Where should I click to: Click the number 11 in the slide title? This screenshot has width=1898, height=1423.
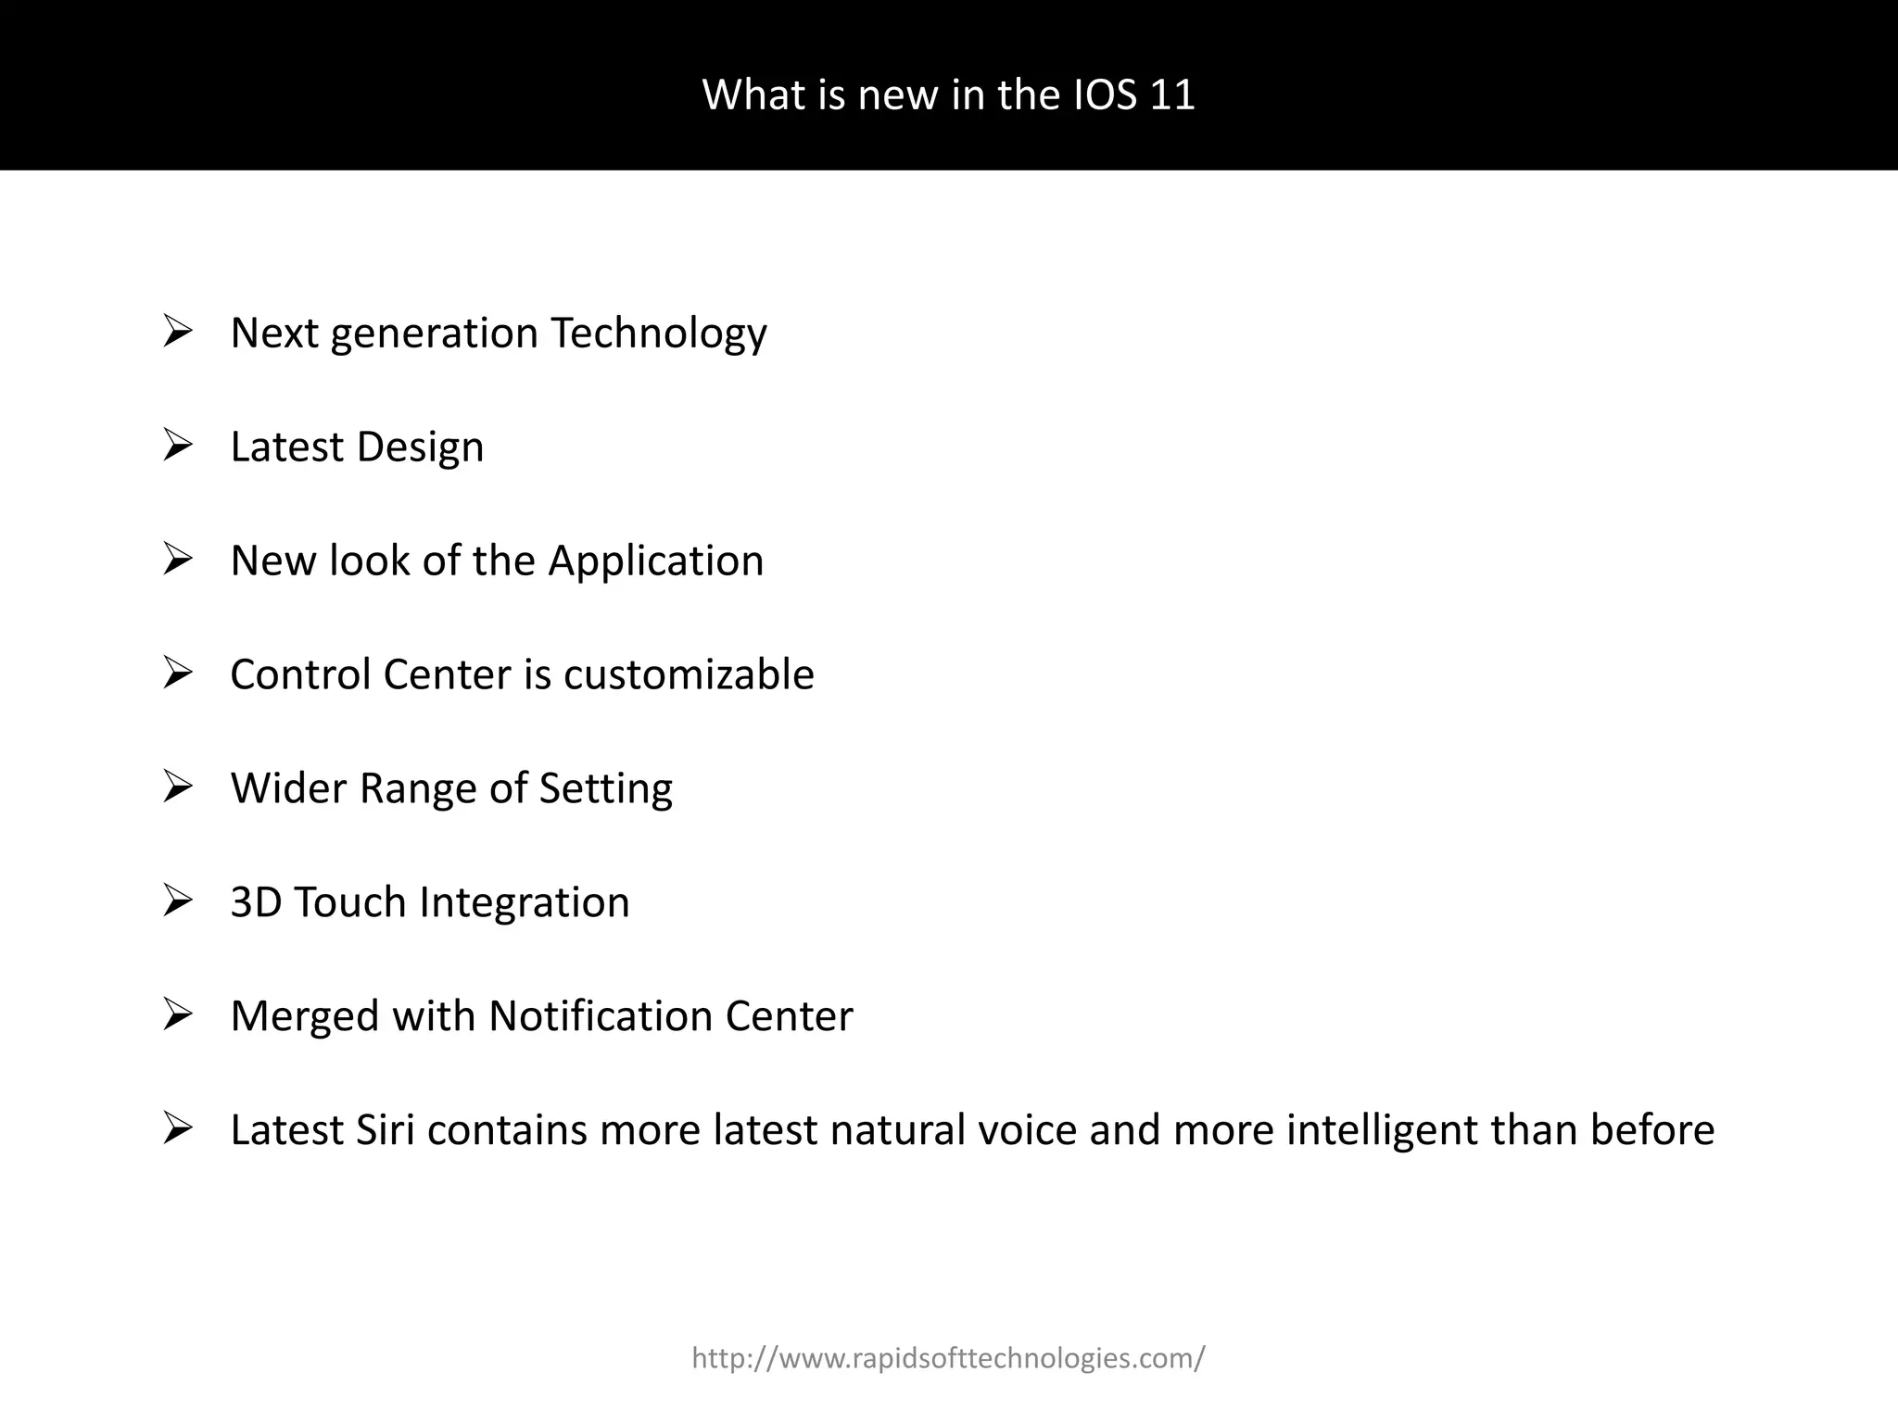point(1172,94)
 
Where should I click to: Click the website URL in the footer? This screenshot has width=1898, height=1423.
point(948,1358)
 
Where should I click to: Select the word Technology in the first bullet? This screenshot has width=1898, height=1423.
point(658,334)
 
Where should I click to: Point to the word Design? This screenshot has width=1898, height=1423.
point(420,447)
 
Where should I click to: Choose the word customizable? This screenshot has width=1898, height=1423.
point(689,674)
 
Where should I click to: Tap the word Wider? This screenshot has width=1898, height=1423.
point(288,788)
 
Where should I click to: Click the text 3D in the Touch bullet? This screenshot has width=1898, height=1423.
point(256,902)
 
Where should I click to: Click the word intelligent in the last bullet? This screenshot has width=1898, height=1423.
point(1383,1130)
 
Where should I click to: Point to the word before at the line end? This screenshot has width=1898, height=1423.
point(1652,1130)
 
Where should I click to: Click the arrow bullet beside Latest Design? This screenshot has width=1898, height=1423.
point(177,446)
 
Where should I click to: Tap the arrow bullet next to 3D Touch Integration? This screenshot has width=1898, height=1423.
point(177,900)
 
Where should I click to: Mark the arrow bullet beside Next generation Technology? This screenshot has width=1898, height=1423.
point(177,332)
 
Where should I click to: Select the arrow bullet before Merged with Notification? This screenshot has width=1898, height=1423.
point(177,1014)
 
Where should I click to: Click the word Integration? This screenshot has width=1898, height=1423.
point(525,902)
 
